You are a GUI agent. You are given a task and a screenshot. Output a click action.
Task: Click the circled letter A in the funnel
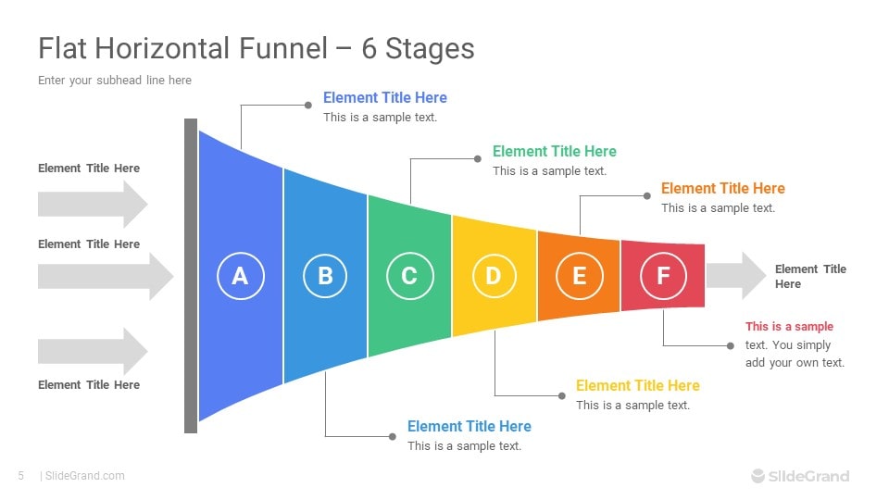tap(241, 276)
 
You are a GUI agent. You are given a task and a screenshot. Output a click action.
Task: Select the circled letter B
tap(325, 276)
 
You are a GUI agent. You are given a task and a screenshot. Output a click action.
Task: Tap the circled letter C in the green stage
tap(410, 276)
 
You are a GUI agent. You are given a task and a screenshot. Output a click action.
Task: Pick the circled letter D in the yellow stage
tap(494, 276)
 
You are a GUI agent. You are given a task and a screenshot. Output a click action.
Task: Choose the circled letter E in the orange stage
tap(580, 276)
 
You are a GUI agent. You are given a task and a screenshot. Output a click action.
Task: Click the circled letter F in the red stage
tap(663, 276)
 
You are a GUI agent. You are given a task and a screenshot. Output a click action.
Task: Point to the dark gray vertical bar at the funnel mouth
tap(191, 276)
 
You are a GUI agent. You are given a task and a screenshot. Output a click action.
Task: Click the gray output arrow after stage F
tap(736, 276)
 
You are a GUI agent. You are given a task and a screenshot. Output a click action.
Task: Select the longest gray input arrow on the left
tap(106, 277)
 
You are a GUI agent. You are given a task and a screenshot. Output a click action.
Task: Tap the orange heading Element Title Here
tap(723, 188)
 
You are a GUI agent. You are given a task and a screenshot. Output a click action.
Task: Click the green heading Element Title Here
tap(555, 151)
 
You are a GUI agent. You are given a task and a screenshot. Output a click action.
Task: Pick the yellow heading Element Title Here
tap(638, 385)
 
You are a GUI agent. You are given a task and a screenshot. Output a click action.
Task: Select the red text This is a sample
tap(789, 327)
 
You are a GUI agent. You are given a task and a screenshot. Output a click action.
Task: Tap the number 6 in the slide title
tap(369, 49)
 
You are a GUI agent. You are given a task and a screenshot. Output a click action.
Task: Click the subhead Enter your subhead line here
tap(115, 81)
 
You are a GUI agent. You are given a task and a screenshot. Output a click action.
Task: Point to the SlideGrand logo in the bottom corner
tap(800, 476)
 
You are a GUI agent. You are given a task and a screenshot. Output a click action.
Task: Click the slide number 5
tap(21, 476)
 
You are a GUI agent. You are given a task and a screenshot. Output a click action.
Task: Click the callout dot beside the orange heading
tap(647, 196)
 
